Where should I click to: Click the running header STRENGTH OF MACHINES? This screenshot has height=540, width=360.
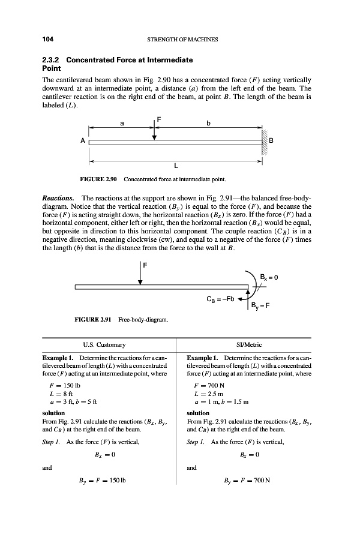(181, 40)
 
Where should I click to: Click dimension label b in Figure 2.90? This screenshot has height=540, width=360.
(208, 124)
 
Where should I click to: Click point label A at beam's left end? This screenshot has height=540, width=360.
(82, 142)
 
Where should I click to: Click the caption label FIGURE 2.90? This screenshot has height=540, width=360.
(98, 179)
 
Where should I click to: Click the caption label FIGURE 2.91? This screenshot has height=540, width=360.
(98, 319)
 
